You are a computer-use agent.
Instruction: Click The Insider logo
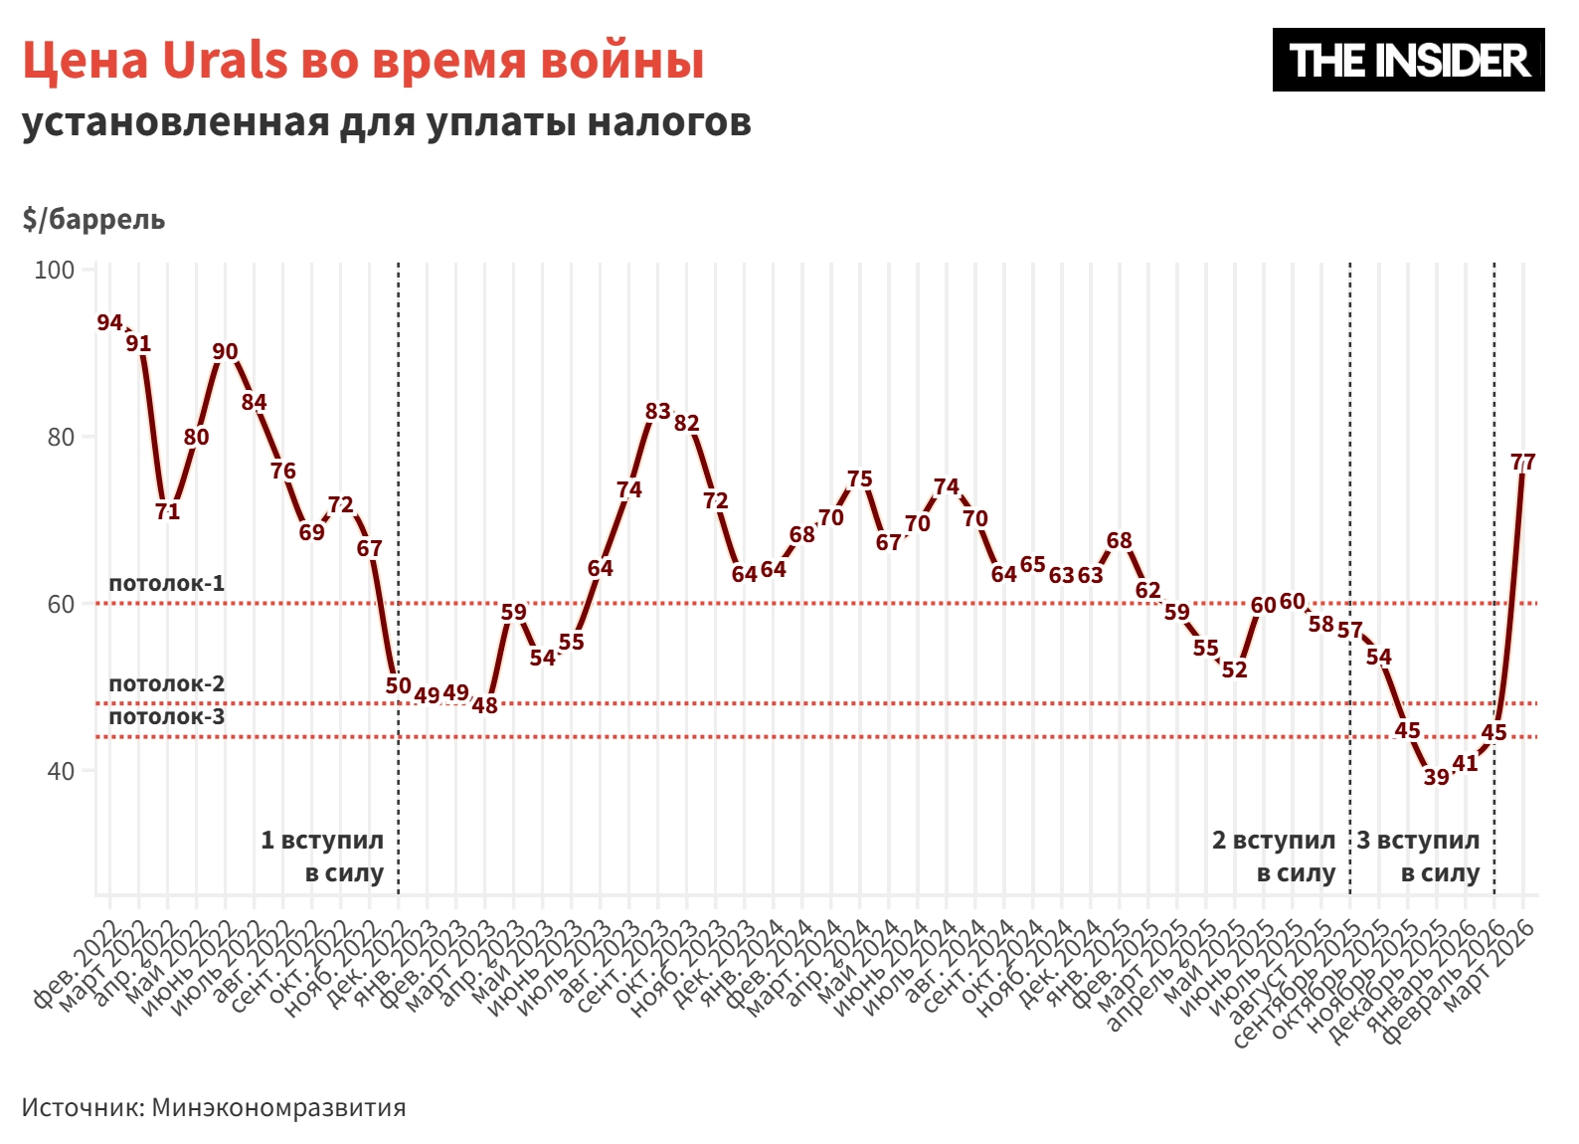[x=1408, y=60]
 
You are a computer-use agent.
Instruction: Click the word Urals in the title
[x=225, y=60]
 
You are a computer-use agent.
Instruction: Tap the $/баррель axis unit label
[x=93, y=219]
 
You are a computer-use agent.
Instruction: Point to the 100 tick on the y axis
[x=55, y=271]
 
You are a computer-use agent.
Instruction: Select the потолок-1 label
[x=166, y=583]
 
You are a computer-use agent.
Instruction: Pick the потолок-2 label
[x=166, y=683]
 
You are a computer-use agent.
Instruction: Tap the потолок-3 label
[x=166, y=717]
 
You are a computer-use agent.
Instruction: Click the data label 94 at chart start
[x=109, y=322]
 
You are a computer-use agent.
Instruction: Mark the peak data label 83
[x=657, y=411]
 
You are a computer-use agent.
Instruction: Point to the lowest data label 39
[x=1436, y=777]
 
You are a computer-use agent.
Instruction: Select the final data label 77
[x=1522, y=462]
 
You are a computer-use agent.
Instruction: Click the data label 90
[x=226, y=351]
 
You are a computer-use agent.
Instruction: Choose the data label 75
[x=859, y=479]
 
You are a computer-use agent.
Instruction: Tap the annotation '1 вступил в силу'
[x=323, y=857]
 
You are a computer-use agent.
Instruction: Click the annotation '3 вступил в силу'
[x=1419, y=857]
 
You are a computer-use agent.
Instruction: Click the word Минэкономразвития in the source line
[x=278, y=1107]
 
